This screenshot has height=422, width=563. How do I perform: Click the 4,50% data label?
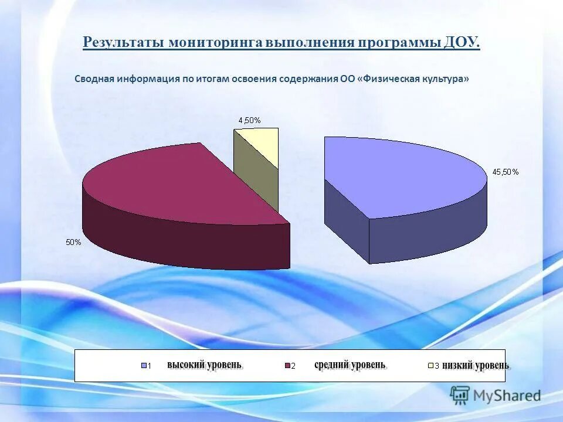click(x=249, y=120)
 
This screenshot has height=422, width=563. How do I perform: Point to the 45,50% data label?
click(x=506, y=172)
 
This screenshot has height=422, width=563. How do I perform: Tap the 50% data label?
click(x=73, y=242)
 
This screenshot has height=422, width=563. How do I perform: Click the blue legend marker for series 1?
click(x=144, y=366)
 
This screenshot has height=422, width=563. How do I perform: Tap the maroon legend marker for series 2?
click(x=287, y=366)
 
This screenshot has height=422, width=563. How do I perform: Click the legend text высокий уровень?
click(x=204, y=365)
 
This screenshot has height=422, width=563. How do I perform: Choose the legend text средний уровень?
click(x=350, y=365)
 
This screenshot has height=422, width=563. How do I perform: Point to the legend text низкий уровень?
click(x=476, y=365)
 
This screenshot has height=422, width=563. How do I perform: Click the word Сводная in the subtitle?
click(x=94, y=79)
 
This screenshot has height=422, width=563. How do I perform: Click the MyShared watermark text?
click(x=507, y=396)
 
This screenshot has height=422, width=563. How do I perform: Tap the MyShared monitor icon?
click(x=460, y=395)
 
